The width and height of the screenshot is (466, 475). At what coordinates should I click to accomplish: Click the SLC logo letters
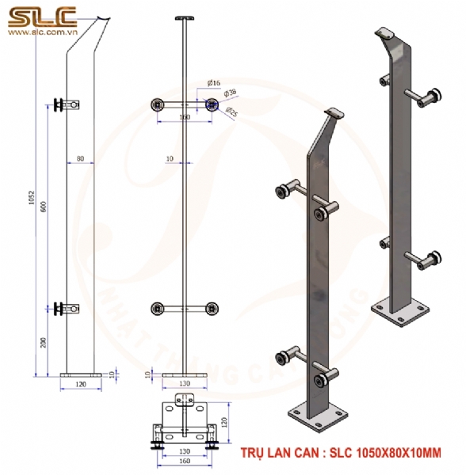pyautogui.click(x=41, y=16)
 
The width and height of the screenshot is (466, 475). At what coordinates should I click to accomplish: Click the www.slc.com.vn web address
pyautogui.click(x=41, y=33)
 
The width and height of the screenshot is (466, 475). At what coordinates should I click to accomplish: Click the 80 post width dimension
pyautogui.click(x=82, y=159)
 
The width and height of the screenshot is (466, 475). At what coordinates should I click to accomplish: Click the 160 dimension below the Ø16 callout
pyautogui.click(x=185, y=117)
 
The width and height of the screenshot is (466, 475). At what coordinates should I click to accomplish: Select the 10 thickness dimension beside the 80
pyautogui.click(x=170, y=159)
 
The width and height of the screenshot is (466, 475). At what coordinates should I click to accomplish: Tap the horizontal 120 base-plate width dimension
pyautogui.click(x=82, y=384)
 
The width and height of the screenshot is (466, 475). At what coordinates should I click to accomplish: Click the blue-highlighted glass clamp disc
pyautogui.click(x=211, y=104)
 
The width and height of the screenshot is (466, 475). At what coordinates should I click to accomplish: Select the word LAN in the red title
pyautogui.click(x=289, y=454)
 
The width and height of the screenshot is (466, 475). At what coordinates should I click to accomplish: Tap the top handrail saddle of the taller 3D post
pyautogui.click(x=386, y=33)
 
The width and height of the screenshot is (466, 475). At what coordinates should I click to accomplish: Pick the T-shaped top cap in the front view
pyautogui.click(x=185, y=17)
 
